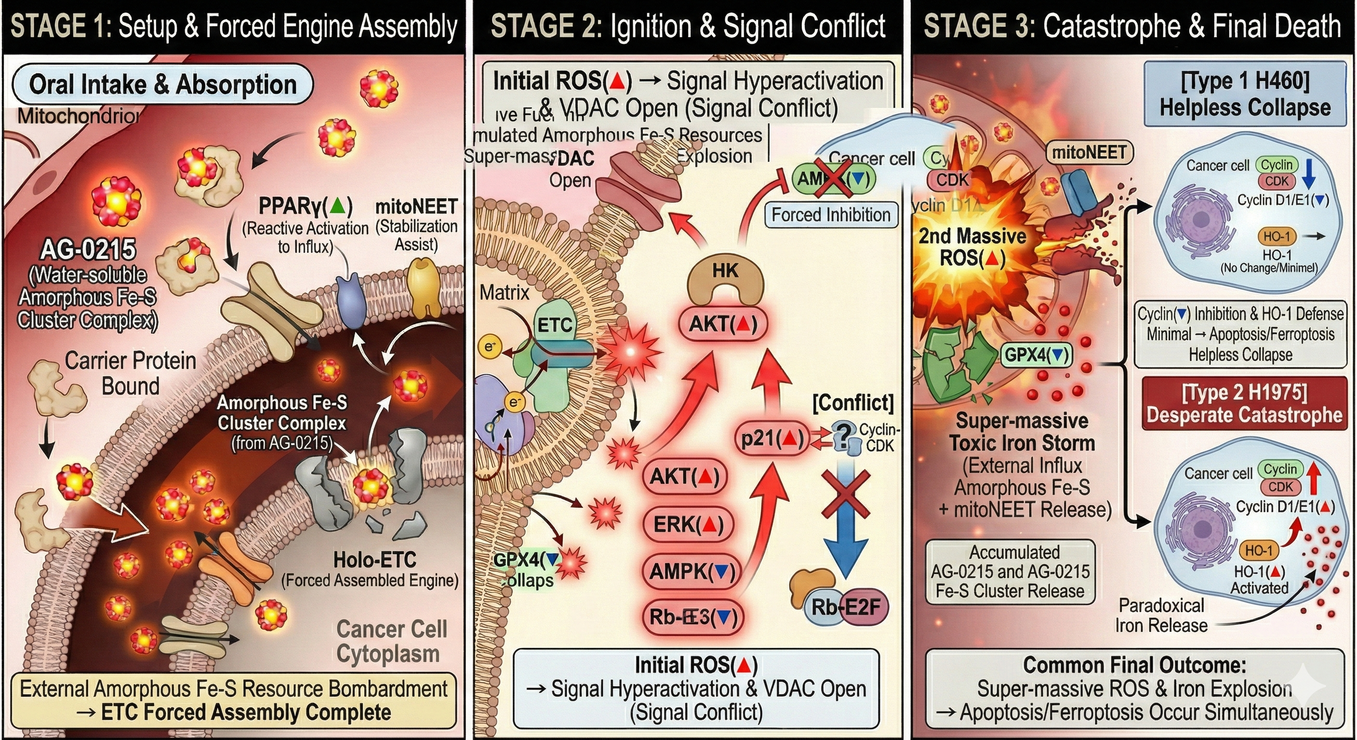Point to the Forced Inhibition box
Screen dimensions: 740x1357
point(831,215)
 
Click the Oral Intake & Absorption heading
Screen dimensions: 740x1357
point(162,85)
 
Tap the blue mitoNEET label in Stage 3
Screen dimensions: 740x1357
point(1090,153)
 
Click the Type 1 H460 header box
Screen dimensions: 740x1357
point(1245,94)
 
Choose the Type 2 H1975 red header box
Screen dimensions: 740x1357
point(1244,404)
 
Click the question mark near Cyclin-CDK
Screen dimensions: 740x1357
point(844,435)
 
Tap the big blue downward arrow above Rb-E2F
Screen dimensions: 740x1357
point(846,537)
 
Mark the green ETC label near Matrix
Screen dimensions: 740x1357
point(554,325)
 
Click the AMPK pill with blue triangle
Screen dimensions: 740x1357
point(692,571)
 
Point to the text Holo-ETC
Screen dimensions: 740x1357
point(374,559)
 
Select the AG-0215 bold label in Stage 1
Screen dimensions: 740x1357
point(88,250)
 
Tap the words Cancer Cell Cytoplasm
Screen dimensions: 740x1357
point(391,641)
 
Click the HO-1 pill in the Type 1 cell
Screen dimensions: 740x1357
point(1277,237)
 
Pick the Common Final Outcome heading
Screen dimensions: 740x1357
point(1134,665)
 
